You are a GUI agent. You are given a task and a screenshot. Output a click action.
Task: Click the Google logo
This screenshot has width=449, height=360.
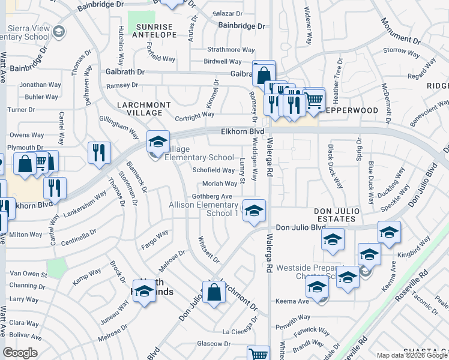pyautogui.click(x=20, y=353)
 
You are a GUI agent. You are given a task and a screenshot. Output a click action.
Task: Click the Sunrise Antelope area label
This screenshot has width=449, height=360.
pyautogui.click(x=155, y=31)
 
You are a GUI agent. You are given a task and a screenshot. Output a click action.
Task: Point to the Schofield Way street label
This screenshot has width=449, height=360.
pyautogui.click(x=214, y=170)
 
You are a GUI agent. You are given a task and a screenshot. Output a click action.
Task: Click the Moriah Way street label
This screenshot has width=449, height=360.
pyautogui.click(x=219, y=184)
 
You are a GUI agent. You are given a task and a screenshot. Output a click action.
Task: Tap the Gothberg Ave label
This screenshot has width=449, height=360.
pyautogui.click(x=211, y=196)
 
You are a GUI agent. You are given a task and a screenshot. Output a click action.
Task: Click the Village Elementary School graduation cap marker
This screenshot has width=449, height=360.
pyautogui.click(x=158, y=142)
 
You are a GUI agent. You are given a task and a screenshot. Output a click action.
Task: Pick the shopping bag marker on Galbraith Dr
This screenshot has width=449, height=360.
pyautogui.click(x=264, y=76)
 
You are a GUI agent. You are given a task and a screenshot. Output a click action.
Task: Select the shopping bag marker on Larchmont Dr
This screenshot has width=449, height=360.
pyautogui.click(x=214, y=293)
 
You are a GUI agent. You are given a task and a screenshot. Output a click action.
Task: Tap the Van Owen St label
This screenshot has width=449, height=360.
pyautogui.click(x=28, y=274)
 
